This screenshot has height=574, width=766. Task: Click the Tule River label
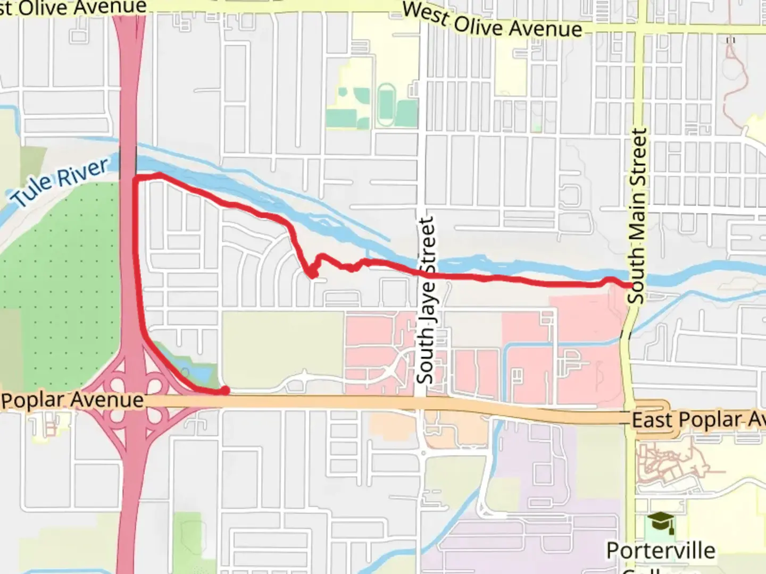pos(60,182)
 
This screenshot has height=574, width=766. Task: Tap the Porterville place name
pos(661,551)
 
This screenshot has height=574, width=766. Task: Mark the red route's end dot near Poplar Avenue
pos(225,391)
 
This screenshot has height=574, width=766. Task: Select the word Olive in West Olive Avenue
pos(479,23)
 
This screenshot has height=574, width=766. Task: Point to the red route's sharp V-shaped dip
pos(311,274)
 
